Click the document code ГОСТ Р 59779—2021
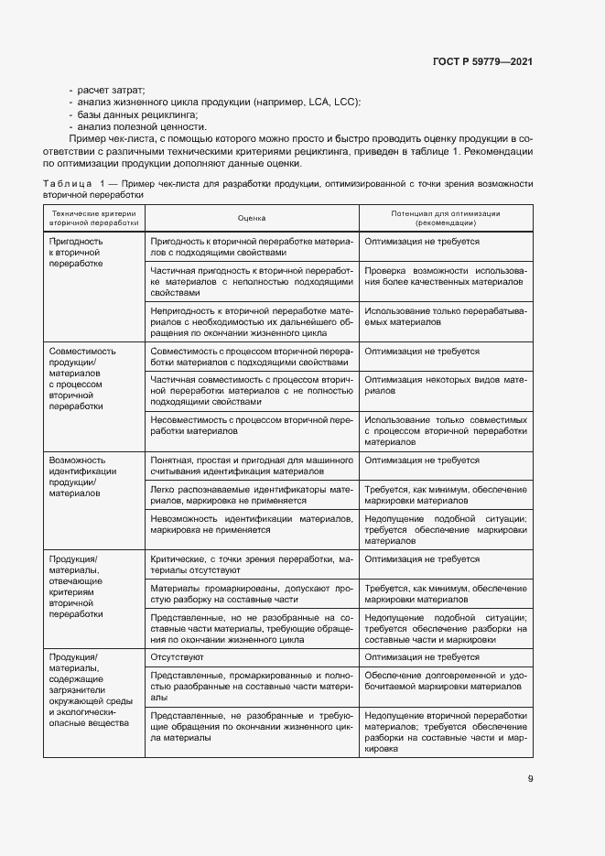pos(482,61)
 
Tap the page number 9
pos(530,779)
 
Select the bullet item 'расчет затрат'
pos(111,90)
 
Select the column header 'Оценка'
pos(251,218)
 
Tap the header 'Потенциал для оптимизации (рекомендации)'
pos(445,218)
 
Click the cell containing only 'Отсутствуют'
pos(177,657)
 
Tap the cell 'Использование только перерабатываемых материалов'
pos(445,317)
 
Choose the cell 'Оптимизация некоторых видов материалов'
pos(445,385)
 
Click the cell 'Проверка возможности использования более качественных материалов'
pos(445,276)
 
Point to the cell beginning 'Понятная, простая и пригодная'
pos(251,465)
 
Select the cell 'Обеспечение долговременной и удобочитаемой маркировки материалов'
pos(445,679)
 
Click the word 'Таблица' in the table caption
pos(65,183)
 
